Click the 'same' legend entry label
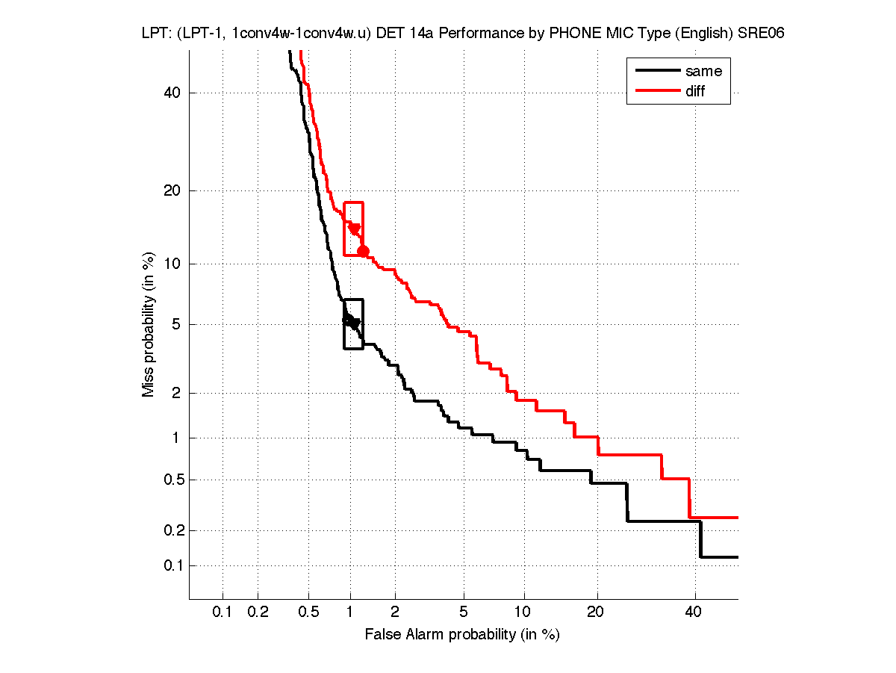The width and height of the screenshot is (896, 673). (x=703, y=72)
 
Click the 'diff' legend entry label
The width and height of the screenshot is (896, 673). (x=695, y=91)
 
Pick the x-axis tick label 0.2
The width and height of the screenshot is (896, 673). (x=258, y=612)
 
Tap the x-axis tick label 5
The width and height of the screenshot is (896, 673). (x=464, y=612)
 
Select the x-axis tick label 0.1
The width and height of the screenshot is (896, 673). (x=223, y=612)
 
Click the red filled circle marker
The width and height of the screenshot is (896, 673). (x=363, y=251)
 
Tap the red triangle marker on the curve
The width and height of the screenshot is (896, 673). (x=355, y=229)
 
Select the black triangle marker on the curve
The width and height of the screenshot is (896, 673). (x=355, y=323)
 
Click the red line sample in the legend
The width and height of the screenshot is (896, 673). (x=657, y=91)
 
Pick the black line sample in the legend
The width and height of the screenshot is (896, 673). (x=657, y=72)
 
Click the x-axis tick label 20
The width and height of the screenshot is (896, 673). (x=595, y=612)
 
